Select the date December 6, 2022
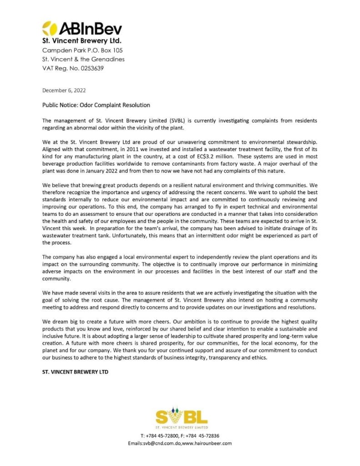(64, 90)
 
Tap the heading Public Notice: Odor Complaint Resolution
(96, 105)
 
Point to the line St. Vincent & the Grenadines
(83, 59)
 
